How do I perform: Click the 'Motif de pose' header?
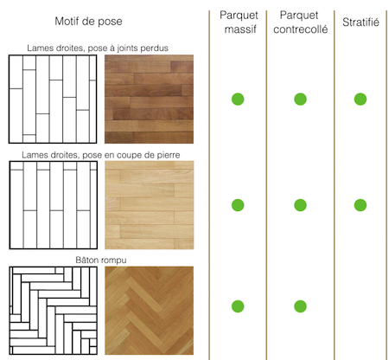pos(88,22)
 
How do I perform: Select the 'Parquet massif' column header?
pos(239,22)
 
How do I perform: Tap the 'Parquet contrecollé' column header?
pos(300,22)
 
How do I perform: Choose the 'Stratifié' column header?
pos(360,22)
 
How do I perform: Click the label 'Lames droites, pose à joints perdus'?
pos(98,48)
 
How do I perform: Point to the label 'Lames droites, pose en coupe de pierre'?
pos(101,155)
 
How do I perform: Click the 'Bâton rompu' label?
pos(101,260)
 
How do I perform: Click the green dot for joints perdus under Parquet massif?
pos(238,100)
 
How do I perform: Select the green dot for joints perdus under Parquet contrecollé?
pos(300,100)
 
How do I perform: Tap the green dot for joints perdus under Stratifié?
pos(360,100)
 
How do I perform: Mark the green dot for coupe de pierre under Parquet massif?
pos(238,205)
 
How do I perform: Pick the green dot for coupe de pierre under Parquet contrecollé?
pos(300,205)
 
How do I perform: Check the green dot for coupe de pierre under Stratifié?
pos(360,205)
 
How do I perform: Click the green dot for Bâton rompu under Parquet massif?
pos(238,306)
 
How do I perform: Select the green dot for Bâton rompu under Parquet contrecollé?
pos(300,306)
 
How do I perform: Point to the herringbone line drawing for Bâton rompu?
pos(54,311)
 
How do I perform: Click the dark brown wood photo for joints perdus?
pos(149,99)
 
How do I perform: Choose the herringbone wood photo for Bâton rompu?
pos(150,311)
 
